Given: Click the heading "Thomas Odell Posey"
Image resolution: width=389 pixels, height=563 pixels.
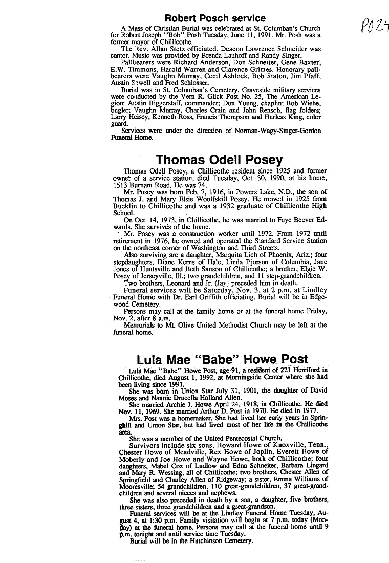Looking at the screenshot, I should (219, 160).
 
